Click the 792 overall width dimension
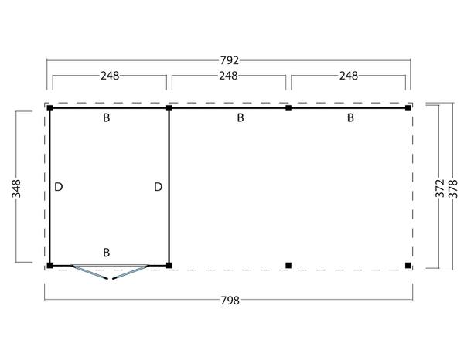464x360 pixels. [230, 60]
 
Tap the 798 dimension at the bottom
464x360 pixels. [230, 301]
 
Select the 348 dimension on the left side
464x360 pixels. [16, 188]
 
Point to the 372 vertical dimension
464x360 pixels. [440, 188]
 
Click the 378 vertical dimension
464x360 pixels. [453, 188]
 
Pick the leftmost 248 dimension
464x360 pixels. [110, 76]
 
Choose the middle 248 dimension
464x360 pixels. [228, 76]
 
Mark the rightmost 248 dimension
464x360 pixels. [349, 76]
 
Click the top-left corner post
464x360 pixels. [49, 108]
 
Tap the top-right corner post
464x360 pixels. [408, 108]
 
